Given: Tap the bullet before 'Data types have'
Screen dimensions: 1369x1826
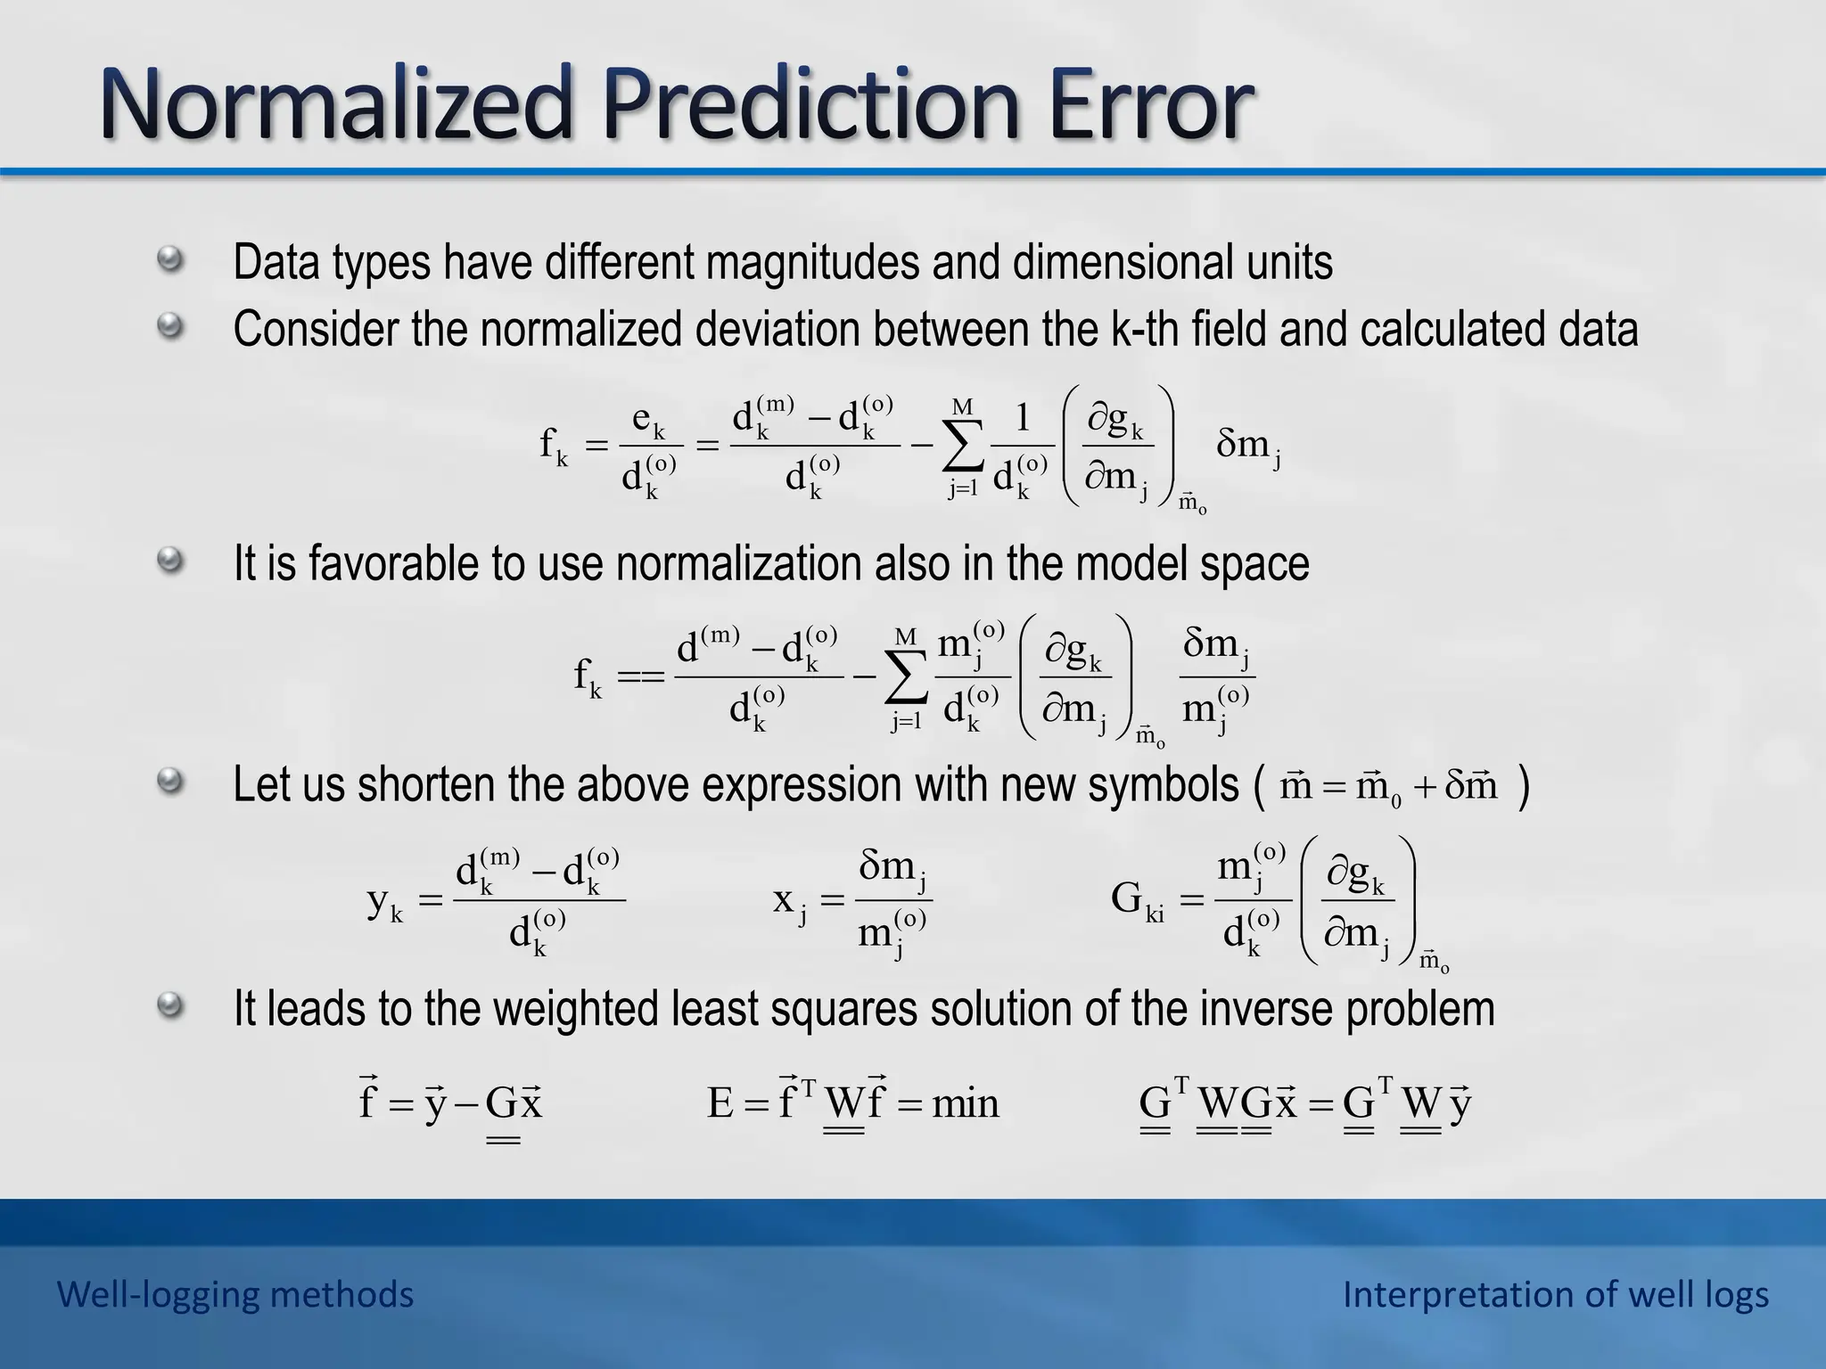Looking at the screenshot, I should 169,261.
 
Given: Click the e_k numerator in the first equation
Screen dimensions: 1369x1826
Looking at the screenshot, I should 648,419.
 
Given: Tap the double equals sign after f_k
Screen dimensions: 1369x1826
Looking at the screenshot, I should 641,677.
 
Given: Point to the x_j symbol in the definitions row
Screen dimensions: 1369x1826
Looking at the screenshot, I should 790,901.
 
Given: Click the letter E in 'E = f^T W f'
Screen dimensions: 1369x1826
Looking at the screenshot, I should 720,1104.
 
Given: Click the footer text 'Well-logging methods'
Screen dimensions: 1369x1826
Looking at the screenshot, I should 235,1294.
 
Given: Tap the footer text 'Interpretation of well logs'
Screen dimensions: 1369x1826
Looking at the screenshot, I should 1555,1294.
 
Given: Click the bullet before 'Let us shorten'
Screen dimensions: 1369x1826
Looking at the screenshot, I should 169,783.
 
